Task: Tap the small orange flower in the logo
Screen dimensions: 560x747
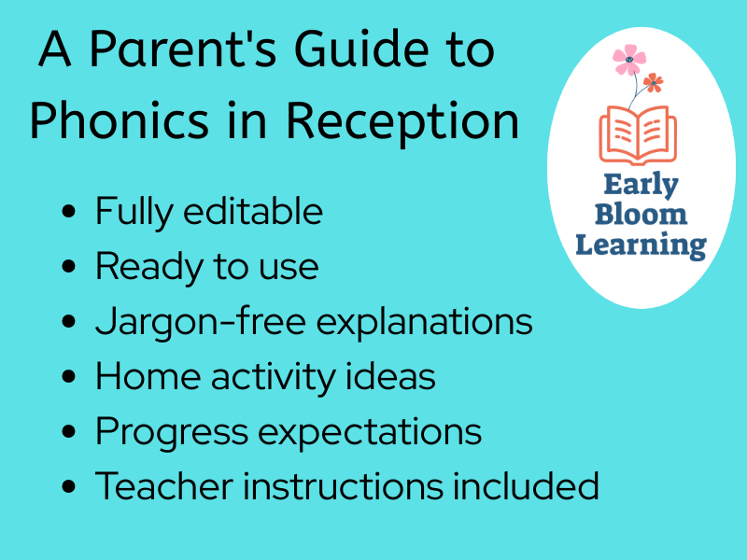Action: [x=653, y=83]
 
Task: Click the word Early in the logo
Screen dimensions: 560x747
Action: [x=641, y=184]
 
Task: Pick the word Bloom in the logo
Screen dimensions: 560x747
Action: [x=641, y=215]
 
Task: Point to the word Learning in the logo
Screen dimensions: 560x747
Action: [x=641, y=245]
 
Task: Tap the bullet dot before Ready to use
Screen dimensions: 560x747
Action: [x=68, y=267]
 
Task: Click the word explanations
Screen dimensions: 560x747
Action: [x=425, y=322]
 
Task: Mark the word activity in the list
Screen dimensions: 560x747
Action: [x=273, y=378]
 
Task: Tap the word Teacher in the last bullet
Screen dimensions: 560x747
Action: [x=156, y=486]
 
